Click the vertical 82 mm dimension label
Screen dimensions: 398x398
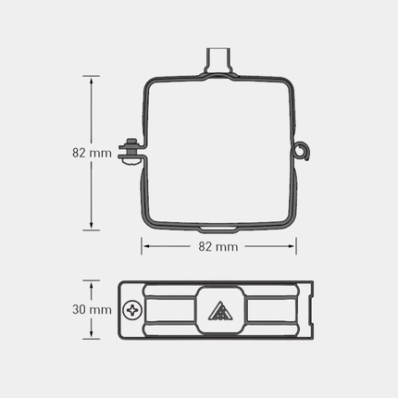point(92,153)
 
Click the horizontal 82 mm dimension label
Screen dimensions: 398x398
point(218,246)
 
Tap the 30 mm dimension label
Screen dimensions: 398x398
point(92,309)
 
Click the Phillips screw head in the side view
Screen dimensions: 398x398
point(132,310)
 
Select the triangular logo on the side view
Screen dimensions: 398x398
point(219,311)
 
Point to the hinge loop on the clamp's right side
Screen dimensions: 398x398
point(302,151)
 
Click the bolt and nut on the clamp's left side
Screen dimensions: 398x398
point(132,152)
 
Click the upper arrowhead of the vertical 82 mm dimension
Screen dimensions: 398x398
point(92,81)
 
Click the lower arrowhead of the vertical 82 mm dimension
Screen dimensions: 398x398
point(92,224)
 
